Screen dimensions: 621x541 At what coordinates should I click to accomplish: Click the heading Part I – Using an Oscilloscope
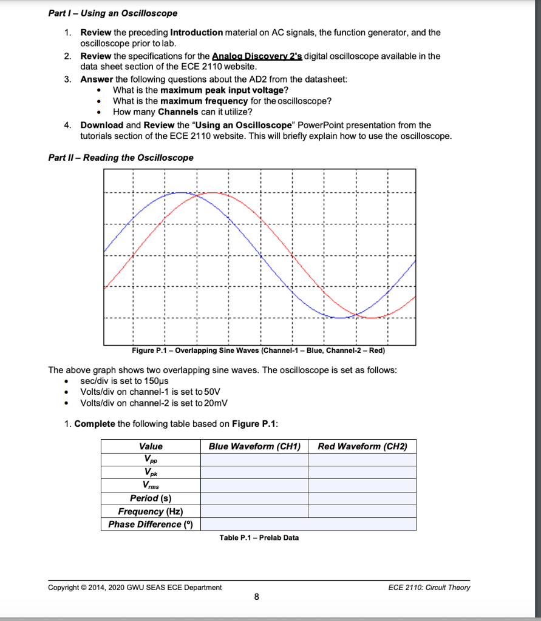click(x=113, y=13)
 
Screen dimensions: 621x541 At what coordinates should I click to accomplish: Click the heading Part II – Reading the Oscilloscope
click(x=121, y=158)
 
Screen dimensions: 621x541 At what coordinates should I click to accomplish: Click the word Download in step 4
click(x=101, y=125)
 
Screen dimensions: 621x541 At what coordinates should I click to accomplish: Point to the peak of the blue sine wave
click(x=180, y=192)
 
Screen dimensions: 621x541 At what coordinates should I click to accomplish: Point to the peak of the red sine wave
click(x=212, y=192)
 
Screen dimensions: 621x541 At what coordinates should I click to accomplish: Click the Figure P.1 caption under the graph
click(x=258, y=351)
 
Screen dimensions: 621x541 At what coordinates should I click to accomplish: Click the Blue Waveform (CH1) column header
click(x=254, y=446)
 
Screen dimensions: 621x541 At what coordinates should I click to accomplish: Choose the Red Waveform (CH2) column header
click(x=362, y=446)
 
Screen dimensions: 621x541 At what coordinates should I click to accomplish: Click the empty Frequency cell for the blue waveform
click(x=254, y=511)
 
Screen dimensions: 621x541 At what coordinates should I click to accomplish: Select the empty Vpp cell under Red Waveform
click(x=362, y=460)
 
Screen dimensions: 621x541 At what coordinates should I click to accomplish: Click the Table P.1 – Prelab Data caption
click(x=259, y=537)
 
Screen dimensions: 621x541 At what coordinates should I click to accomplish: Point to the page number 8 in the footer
click(x=256, y=598)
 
